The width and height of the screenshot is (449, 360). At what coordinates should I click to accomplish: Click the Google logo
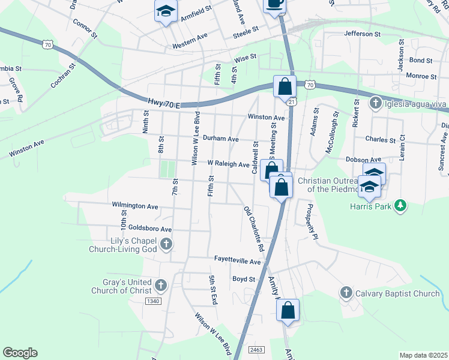pyautogui.click(x=20, y=353)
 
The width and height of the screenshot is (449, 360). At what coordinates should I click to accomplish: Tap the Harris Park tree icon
pyautogui.click(x=399, y=206)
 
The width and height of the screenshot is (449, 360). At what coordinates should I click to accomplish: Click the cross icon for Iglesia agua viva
pyautogui.click(x=375, y=103)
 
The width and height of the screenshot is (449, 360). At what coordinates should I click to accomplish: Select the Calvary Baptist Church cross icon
pyautogui.click(x=346, y=293)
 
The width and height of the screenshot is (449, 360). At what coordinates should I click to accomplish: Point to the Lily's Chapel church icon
pyautogui.click(x=166, y=244)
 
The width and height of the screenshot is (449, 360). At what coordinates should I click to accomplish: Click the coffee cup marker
pyautogui.click(x=275, y=4)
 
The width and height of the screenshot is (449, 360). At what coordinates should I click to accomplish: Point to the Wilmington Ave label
pyautogui.click(x=135, y=205)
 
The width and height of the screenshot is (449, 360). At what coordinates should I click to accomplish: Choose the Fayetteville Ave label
pyautogui.click(x=238, y=262)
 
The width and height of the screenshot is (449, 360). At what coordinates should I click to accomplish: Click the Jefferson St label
pyautogui.click(x=363, y=34)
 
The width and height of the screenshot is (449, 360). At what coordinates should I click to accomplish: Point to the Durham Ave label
pyautogui.click(x=220, y=138)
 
